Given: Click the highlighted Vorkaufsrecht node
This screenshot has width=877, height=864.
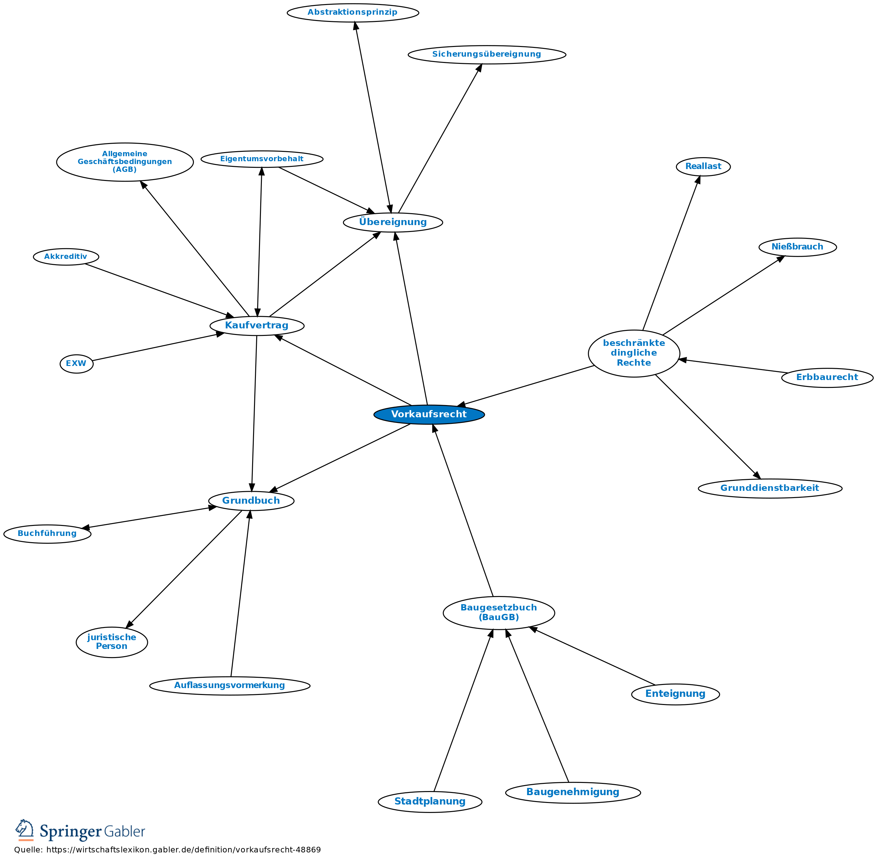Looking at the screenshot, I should pyautogui.click(x=429, y=414).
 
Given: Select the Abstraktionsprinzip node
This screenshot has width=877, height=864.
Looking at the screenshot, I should pyautogui.click(x=353, y=12).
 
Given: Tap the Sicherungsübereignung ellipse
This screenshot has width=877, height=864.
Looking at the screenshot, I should pyautogui.click(x=487, y=54).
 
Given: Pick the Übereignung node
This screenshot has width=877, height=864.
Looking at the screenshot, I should pyautogui.click(x=393, y=222).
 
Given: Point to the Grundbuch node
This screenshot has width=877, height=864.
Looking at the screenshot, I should pyautogui.click(x=251, y=501).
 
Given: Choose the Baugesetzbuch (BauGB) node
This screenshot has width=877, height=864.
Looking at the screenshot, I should pyautogui.click(x=498, y=613).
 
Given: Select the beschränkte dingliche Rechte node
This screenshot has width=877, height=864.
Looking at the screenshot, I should pyautogui.click(x=634, y=353).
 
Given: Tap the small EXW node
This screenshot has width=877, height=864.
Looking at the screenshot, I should pyautogui.click(x=76, y=363).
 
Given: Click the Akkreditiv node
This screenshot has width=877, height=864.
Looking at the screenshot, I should pyautogui.click(x=66, y=257).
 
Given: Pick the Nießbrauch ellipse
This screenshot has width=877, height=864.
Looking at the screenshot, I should pyautogui.click(x=797, y=247).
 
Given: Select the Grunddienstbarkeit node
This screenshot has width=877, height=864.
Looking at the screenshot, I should pyautogui.click(x=770, y=488).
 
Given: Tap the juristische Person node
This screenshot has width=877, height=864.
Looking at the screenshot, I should pyautogui.click(x=112, y=642).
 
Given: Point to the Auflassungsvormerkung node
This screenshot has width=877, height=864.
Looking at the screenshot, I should pyautogui.click(x=230, y=685).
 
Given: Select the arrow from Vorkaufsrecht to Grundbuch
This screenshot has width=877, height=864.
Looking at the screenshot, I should pyautogui.click(x=340, y=457).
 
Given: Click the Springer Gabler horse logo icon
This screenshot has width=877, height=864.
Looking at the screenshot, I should pyautogui.click(x=25, y=830).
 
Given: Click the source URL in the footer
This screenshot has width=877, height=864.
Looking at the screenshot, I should pyautogui.click(x=184, y=850).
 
